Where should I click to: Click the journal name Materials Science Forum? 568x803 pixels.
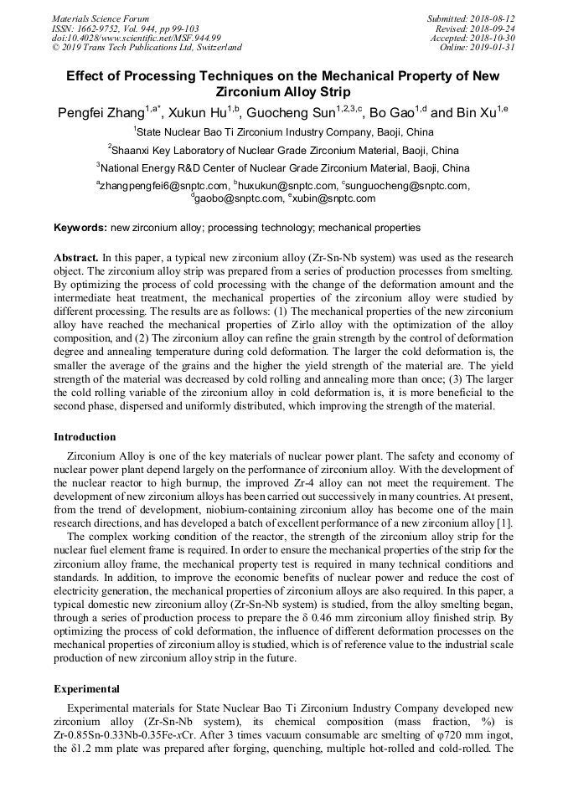tap(101, 18)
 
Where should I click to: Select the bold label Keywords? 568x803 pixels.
tap(80, 228)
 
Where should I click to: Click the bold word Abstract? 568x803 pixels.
tap(76, 258)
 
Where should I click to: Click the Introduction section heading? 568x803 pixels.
tap(85, 436)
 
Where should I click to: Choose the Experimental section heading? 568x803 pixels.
tap(86, 689)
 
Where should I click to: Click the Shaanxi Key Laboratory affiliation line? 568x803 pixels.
tap(284, 151)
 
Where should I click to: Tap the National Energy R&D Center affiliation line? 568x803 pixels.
tap(284, 168)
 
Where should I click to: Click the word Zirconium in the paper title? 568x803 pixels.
tap(251, 92)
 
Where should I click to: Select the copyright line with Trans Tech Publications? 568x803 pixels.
tap(147, 48)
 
